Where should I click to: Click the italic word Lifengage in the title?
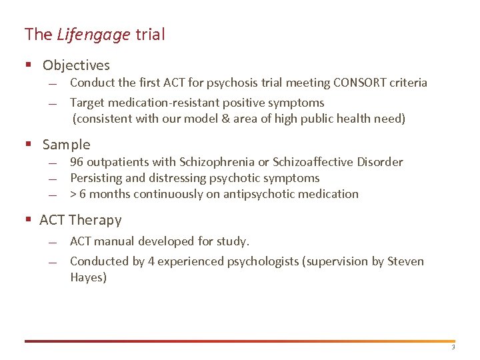[x=93, y=35]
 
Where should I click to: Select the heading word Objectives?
[x=76, y=65]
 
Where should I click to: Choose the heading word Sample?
[x=66, y=145]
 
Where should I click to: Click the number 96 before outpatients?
[x=77, y=162]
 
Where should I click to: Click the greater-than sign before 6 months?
[x=73, y=194]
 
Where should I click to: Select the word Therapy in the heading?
[x=95, y=220]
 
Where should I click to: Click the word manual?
[x=114, y=241]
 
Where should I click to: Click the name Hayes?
[x=88, y=277]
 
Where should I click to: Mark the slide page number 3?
[x=453, y=347]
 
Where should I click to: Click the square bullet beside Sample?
[x=28, y=145]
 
